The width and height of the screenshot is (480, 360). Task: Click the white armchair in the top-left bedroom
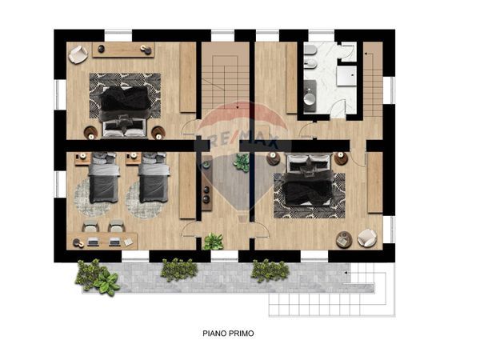point(78,54)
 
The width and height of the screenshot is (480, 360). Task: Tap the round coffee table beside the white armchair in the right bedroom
point(343,238)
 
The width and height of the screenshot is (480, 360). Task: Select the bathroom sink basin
point(310,99)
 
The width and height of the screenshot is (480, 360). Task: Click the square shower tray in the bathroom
point(346,75)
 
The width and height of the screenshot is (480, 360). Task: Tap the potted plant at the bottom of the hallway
point(213,241)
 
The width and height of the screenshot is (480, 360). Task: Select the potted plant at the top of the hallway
point(241,163)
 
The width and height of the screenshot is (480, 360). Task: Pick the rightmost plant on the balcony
point(270,270)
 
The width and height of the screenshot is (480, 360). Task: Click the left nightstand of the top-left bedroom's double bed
point(90,131)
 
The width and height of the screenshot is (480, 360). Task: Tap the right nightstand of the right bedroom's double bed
point(342,159)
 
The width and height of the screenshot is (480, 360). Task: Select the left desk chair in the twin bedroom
point(90,227)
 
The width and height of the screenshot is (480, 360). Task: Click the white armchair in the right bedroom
point(367,237)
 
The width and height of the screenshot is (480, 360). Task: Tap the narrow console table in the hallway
point(206,189)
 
